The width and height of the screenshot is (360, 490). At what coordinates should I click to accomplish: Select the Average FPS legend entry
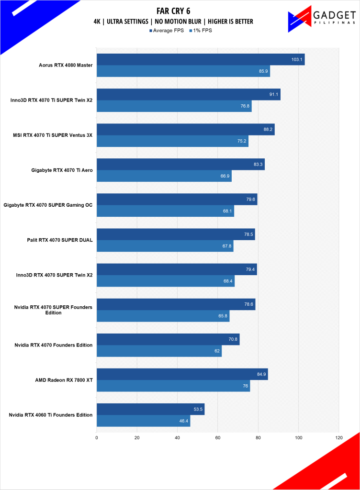click(x=167, y=30)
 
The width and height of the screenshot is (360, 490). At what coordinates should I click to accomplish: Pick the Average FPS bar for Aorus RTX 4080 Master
click(x=200, y=59)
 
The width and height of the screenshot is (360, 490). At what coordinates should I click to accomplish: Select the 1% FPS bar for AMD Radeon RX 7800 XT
click(x=173, y=386)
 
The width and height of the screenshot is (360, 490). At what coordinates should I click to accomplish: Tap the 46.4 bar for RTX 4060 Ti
click(x=143, y=421)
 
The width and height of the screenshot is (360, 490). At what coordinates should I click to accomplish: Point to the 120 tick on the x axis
click(x=339, y=437)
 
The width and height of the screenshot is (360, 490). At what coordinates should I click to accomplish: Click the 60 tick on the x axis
click(x=218, y=437)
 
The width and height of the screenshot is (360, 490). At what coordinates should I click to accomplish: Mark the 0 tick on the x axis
click(x=97, y=437)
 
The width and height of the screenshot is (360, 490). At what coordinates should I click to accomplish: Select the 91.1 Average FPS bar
click(x=188, y=94)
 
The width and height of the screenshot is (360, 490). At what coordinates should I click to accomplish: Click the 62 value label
click(x=217, y=351)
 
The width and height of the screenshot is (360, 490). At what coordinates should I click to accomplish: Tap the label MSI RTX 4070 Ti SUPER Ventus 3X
click(x=53, y=135)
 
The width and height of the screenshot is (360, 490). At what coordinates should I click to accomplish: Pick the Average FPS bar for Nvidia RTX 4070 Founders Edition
click(x=168, y=339)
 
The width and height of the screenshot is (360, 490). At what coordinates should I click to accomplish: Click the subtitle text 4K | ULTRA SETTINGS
click(x=123, y=22)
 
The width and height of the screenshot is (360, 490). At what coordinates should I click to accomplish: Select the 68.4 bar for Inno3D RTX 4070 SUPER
click(x=165, y=281)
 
